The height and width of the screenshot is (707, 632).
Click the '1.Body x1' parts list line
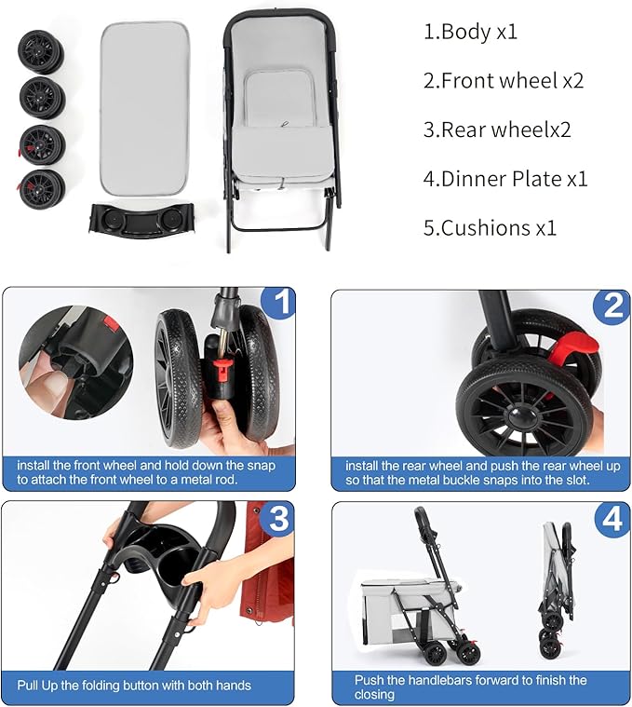(470, 32)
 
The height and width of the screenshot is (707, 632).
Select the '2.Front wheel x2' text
(504, 81)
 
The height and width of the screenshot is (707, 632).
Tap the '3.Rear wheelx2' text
(497, 129)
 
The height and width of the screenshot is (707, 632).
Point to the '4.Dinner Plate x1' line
(505, 179)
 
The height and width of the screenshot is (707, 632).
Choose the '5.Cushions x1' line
(490, 227)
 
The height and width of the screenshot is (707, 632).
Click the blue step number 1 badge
(279, 303)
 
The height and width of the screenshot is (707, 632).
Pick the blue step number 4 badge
(612, 519)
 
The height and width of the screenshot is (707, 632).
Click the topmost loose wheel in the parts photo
(41, 52)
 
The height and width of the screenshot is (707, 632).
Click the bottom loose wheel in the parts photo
(41, 188)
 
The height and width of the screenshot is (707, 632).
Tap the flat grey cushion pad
(144, 108)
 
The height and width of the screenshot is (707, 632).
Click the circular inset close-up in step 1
(75, 362)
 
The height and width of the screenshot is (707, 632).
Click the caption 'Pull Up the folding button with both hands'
(134, 686)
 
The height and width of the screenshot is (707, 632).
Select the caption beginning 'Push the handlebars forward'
(470, 687)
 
